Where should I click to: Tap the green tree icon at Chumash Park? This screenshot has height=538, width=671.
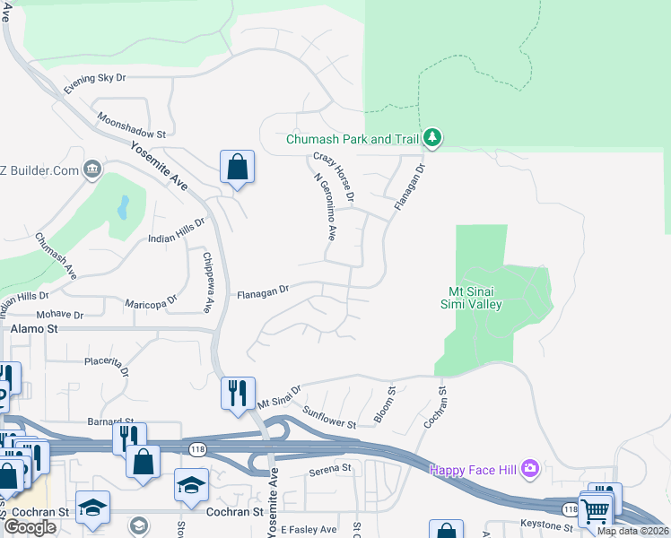click(434, 137)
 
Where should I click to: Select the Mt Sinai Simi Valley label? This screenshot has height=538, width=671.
click(475, 297)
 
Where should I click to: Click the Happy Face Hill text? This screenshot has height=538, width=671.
click(474, 469)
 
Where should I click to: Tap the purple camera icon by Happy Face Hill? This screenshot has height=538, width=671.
click(530, 468)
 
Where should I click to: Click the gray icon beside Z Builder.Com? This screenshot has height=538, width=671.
click(92, 169)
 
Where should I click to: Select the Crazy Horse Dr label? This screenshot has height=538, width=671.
click(335, 176)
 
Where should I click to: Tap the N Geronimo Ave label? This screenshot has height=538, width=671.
click(324, 206)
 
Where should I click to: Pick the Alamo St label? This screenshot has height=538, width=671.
click(35, 329)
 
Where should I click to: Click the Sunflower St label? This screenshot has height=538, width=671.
click(330, 416)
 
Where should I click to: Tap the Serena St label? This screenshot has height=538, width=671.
click(329, 469)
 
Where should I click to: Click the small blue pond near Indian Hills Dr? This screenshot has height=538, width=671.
click(123, 208)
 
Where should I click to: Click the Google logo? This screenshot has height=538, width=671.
click(30, 527)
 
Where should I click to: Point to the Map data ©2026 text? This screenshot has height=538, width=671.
click(632, 531)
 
